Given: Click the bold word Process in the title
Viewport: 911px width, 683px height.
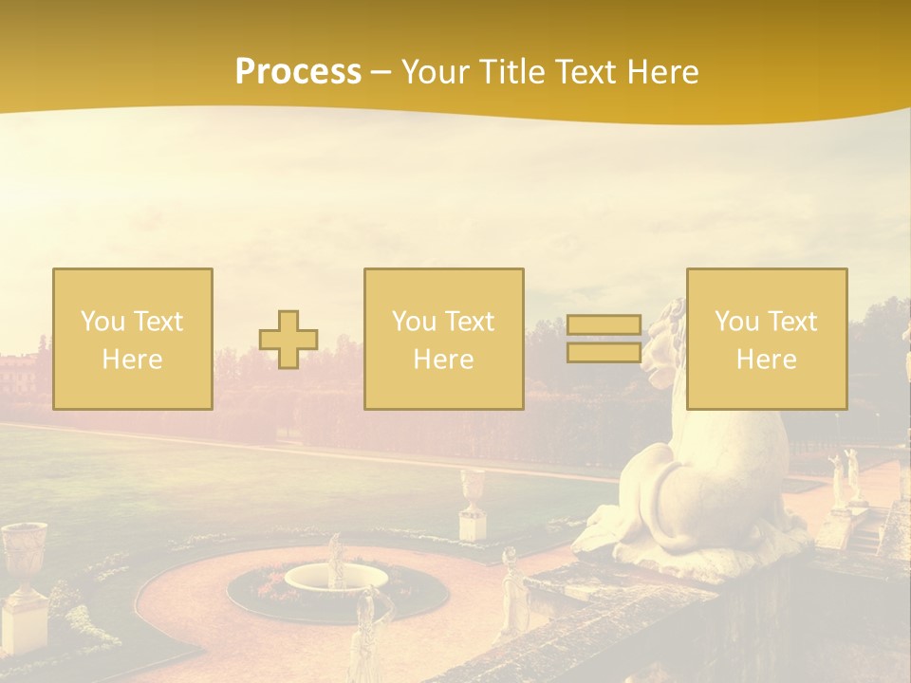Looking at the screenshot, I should click(298, 71).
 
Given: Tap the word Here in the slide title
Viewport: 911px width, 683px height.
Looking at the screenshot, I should click(660, 71).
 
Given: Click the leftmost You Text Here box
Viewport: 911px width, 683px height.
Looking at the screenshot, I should click(133, 339).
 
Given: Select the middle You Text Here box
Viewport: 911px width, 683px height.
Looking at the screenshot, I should click(444, 339).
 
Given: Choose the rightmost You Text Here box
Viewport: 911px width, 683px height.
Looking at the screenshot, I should click(767, 339).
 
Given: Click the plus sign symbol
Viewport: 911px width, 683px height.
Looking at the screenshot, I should click(288, 340).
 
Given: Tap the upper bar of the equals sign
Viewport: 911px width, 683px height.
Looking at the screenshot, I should click(604, 324).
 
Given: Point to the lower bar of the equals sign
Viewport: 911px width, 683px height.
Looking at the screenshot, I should click(604, 352).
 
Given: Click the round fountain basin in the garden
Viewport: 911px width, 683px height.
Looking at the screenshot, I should click(337, 576).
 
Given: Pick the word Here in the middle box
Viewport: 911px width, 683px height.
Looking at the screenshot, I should click(444, 360).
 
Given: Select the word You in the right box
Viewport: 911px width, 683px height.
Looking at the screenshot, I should click(736, 322).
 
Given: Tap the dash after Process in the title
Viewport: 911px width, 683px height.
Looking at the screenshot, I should click(381, 72).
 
